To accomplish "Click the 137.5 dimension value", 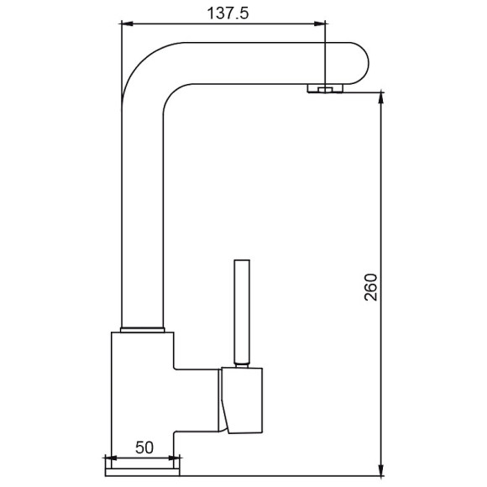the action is coord(228,13).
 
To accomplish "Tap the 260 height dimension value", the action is coord(370,287).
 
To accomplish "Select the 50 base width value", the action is coord(144,448).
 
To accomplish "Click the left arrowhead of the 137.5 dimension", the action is coord(127,24).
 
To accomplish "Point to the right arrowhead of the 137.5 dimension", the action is coord(320,24).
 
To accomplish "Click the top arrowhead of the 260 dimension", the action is coord(381,98).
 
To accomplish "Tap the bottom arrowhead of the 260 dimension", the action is coord(381,469).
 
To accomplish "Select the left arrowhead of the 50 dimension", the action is coord(111,458).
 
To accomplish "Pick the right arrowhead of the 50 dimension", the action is coord(174,458).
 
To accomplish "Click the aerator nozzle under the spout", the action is coord(325,88).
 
